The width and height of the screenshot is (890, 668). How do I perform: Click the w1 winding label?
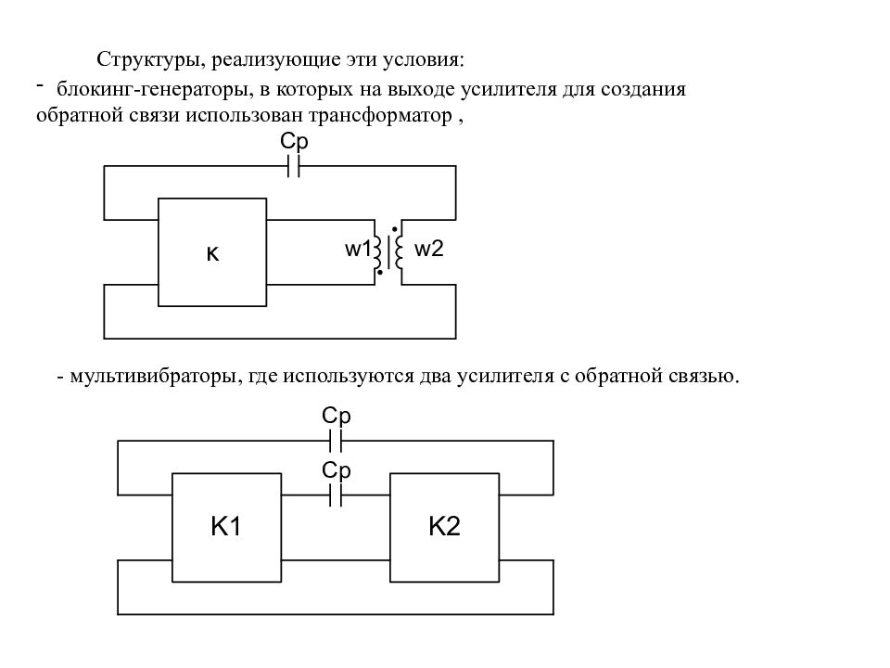click(358, 249)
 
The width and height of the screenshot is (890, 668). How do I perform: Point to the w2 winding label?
click(428, 249)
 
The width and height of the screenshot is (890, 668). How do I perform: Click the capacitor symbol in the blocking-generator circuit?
click(294, 166)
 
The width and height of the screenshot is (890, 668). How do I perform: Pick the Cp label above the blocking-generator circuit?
click(294, 141)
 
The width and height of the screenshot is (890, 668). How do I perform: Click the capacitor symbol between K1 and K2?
click(336, 495)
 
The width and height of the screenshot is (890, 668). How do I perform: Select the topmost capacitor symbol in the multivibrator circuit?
click(336, 441)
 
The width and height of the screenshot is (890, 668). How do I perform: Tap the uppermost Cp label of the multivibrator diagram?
click(336, 416)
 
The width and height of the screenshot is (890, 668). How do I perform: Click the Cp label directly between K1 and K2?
click(336, 470)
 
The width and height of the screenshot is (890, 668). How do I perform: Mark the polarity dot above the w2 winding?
click(395, 229)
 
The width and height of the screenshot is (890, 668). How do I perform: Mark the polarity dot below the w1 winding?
click(380, 273)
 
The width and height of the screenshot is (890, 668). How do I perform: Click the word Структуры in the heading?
click(148, 60)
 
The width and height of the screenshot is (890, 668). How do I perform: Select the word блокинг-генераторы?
click(154, 90)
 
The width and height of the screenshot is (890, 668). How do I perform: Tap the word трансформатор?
click(380, 116)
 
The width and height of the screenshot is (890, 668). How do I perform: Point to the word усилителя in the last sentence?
click(505, 377)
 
